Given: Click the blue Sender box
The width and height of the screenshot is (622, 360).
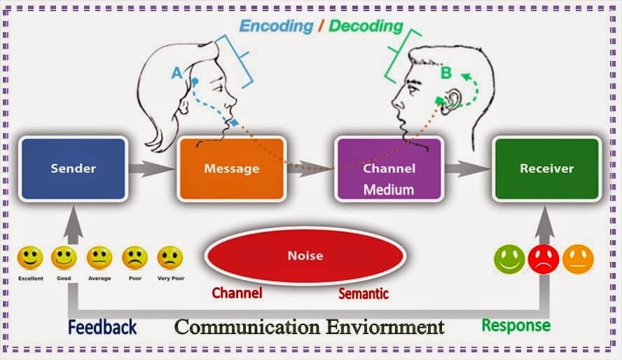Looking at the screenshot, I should click(73, 169).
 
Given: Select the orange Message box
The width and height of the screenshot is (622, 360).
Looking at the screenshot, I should click(231, 169).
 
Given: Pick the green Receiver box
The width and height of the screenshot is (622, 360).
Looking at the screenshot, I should click(546, 169).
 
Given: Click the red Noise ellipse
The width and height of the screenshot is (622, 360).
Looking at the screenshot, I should click(305, 256).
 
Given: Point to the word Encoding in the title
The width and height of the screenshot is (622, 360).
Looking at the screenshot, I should click(276, 27).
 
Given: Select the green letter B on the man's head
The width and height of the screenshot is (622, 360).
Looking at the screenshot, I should click(445, 71).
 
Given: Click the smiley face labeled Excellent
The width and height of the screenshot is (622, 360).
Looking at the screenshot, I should click(30, 258).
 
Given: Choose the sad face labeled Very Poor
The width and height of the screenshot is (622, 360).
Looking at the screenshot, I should click(170, 258).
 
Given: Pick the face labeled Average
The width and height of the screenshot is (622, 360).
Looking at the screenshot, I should click(99, 258).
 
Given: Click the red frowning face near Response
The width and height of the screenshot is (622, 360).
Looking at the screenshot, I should click(544, 259).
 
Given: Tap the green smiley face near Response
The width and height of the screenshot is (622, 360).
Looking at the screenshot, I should click(509, 259).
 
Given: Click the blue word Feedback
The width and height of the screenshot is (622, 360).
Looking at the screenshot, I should click(102, 326).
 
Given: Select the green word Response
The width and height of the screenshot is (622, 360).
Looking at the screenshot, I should click(516, 325).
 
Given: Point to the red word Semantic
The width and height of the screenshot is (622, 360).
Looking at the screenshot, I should click(364, 293).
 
